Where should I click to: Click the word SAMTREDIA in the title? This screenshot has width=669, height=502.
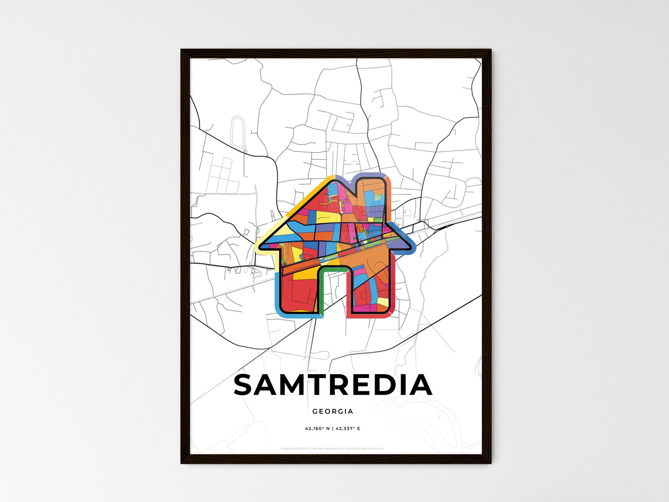333,385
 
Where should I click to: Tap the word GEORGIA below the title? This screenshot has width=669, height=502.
332,411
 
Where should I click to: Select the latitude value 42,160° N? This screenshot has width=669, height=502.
317,429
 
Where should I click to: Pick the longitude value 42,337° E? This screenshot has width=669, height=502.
348,429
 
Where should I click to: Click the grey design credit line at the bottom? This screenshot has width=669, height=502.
332,448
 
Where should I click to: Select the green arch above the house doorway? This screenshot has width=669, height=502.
332,268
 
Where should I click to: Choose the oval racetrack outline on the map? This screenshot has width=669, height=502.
238,132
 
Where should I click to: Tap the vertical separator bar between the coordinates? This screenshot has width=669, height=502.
332,429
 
